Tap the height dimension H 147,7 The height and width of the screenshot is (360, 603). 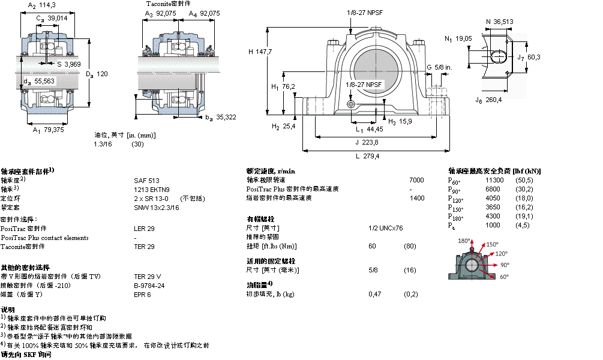tap(260, 52)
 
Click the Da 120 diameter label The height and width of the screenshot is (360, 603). tap(97, 74)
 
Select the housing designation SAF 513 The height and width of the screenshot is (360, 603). tap(146, 180)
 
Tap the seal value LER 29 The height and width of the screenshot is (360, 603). tap(144, 229)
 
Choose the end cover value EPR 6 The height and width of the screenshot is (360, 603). tap(142, 295)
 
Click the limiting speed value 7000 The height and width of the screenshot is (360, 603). tap(416, 180)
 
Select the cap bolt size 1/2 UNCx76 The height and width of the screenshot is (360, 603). tap(385, 228)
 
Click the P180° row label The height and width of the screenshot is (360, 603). tap(457, 217)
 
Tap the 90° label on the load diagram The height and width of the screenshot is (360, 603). tap(505, 264)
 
